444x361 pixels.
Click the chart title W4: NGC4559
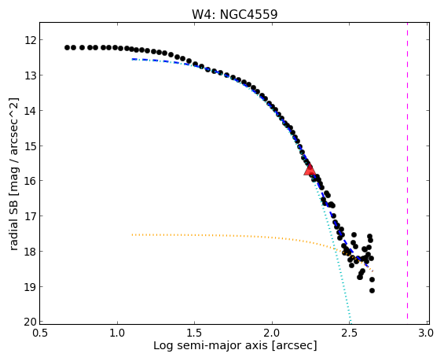pyautogui.click(x=234, y=14)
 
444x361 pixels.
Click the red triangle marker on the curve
pyautogui.click(x=310, y=169)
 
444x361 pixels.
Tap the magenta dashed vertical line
pyautogui.click(x=407, y=171)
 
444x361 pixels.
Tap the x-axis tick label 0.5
pyautogui.click(x=40, y=333)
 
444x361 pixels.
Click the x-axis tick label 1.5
pyautogui.click(x=195, y=333)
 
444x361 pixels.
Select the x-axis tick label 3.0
pyautogui.click(x=426, y=333)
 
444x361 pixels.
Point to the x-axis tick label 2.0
pyautogui.click(x=272, y=333)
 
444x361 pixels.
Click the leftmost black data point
pyautogui.click(x=67, y=48)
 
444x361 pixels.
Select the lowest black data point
pyautogui.click(x=372, y=290)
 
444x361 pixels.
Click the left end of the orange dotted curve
pyautogui.click(x=132, y=235)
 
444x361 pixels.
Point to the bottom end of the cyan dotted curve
pyautogui.click(x=350, y=322)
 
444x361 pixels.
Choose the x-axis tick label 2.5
pyautogui.click(x=349, y=333)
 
